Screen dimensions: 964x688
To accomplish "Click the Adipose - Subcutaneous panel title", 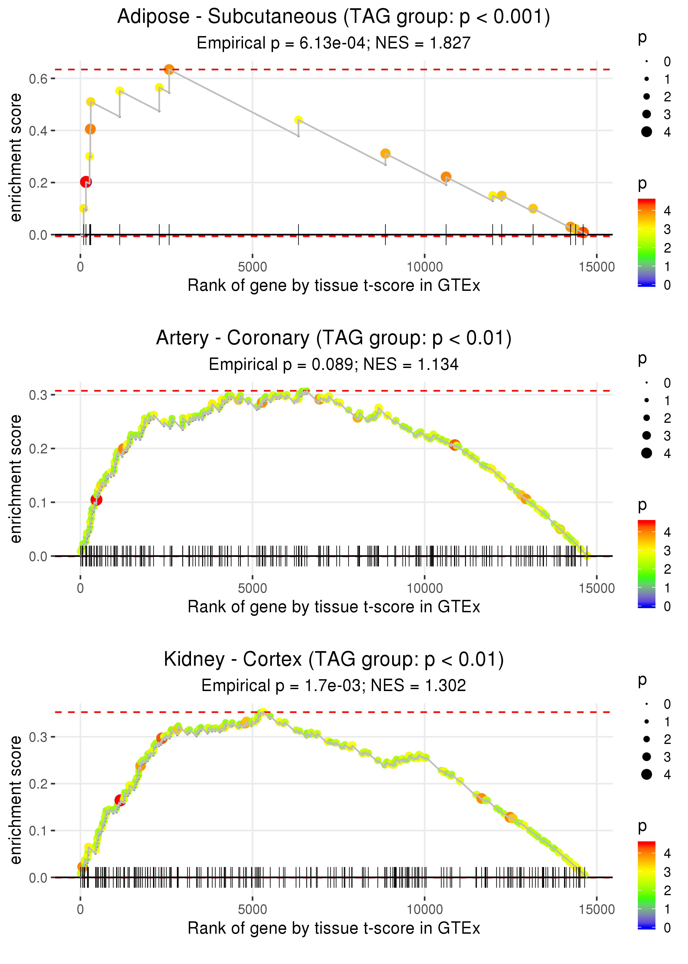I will (334, 17).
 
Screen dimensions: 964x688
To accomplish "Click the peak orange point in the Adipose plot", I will (169, 69).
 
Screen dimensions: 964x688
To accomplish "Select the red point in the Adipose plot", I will (86, 182).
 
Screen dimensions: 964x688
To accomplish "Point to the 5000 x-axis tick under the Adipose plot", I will (252, 267).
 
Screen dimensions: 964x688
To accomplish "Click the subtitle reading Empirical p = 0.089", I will (334, 365).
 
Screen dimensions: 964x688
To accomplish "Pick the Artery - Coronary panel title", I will (334, 338).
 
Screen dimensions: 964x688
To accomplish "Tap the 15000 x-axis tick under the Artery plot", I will (596, 588).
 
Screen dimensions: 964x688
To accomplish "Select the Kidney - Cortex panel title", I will (334, 660).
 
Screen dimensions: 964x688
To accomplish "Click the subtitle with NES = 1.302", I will (334, 686).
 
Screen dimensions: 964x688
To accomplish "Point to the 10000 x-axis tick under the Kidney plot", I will (424, 910).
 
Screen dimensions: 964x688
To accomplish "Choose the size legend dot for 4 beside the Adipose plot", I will (646, 132).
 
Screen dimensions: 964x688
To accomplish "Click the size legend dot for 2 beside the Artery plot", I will (646, 418).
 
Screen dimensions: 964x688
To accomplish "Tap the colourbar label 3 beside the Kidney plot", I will (667, 872).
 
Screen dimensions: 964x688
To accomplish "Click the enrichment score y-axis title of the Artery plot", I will (16, 479).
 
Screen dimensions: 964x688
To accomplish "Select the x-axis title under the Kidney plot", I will (334, 928).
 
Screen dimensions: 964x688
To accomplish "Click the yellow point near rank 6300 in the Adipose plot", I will (298, 120).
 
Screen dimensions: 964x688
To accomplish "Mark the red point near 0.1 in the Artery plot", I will (96, 500).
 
